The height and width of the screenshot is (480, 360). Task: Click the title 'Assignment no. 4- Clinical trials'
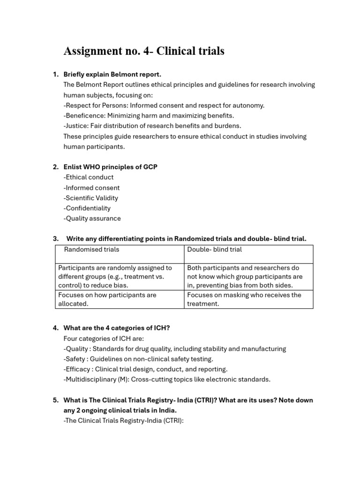(x=143, y=51)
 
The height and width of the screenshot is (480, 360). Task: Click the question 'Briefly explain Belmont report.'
(x=112, y=74)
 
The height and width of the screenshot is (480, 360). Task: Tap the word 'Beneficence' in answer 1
(x=84, y=115)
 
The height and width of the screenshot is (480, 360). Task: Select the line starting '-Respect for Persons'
(x=164, y=105)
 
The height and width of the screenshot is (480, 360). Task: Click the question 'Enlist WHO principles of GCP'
(x=110, y=167)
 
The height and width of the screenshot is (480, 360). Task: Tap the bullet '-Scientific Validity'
(x=90, y=198)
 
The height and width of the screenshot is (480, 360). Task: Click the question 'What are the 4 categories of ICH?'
(x=116, y=328)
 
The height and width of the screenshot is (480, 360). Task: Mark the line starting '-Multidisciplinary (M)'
(x=166, y=380)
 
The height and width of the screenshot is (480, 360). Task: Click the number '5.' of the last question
(x=55, y=400)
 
